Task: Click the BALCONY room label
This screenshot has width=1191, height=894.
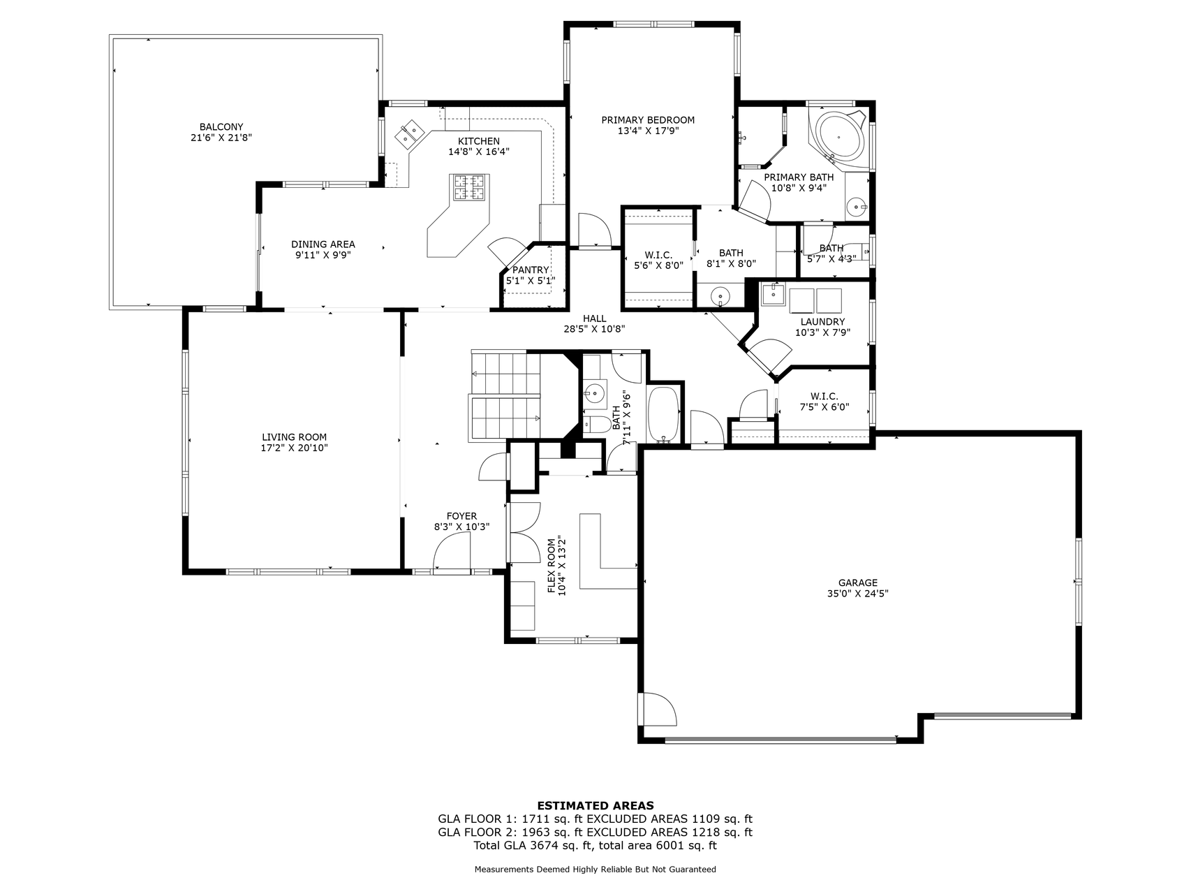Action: point(221,127)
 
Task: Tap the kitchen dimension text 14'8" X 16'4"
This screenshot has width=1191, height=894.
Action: point(479,152)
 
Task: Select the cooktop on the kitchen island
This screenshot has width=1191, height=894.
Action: point(470,187)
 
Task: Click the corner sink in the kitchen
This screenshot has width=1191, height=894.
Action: point(410,133)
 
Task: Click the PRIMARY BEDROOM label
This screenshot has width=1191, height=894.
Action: point(648,120)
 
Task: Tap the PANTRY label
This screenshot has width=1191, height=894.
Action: point(531,270)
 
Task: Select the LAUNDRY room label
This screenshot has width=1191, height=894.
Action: point(822,322)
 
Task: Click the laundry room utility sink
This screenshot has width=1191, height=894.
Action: point(774,294)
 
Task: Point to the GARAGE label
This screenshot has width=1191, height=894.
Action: point(858,583)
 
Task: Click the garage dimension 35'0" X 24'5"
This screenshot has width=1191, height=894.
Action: point(858,594)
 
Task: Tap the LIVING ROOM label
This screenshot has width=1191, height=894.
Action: point(294,437)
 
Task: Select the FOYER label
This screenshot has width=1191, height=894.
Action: point(461,517)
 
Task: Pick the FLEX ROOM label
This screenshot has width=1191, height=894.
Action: point(552,566)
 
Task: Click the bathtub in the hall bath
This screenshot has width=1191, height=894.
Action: point(664,415)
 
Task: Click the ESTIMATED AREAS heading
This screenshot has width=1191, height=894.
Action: point(595,805)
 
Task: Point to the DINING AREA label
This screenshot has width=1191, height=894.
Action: point(323,244)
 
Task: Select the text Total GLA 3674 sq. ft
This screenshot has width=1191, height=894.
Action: point(533,846)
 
